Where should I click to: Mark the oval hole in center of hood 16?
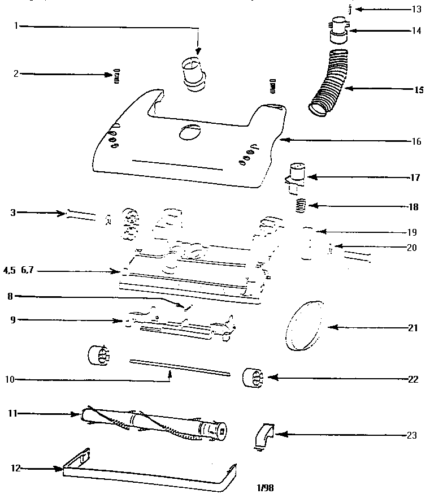[x=189, y=133]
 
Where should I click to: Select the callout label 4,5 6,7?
[x=18, y=271]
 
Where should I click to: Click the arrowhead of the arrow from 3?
[x=63, y=213]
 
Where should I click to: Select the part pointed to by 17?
[x=296, y=175]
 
